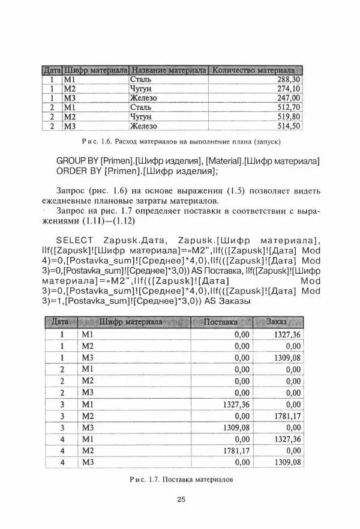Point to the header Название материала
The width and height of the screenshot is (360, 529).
point(169,70)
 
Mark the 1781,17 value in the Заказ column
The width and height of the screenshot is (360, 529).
point(287,416)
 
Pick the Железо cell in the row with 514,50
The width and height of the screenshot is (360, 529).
point(143,126)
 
